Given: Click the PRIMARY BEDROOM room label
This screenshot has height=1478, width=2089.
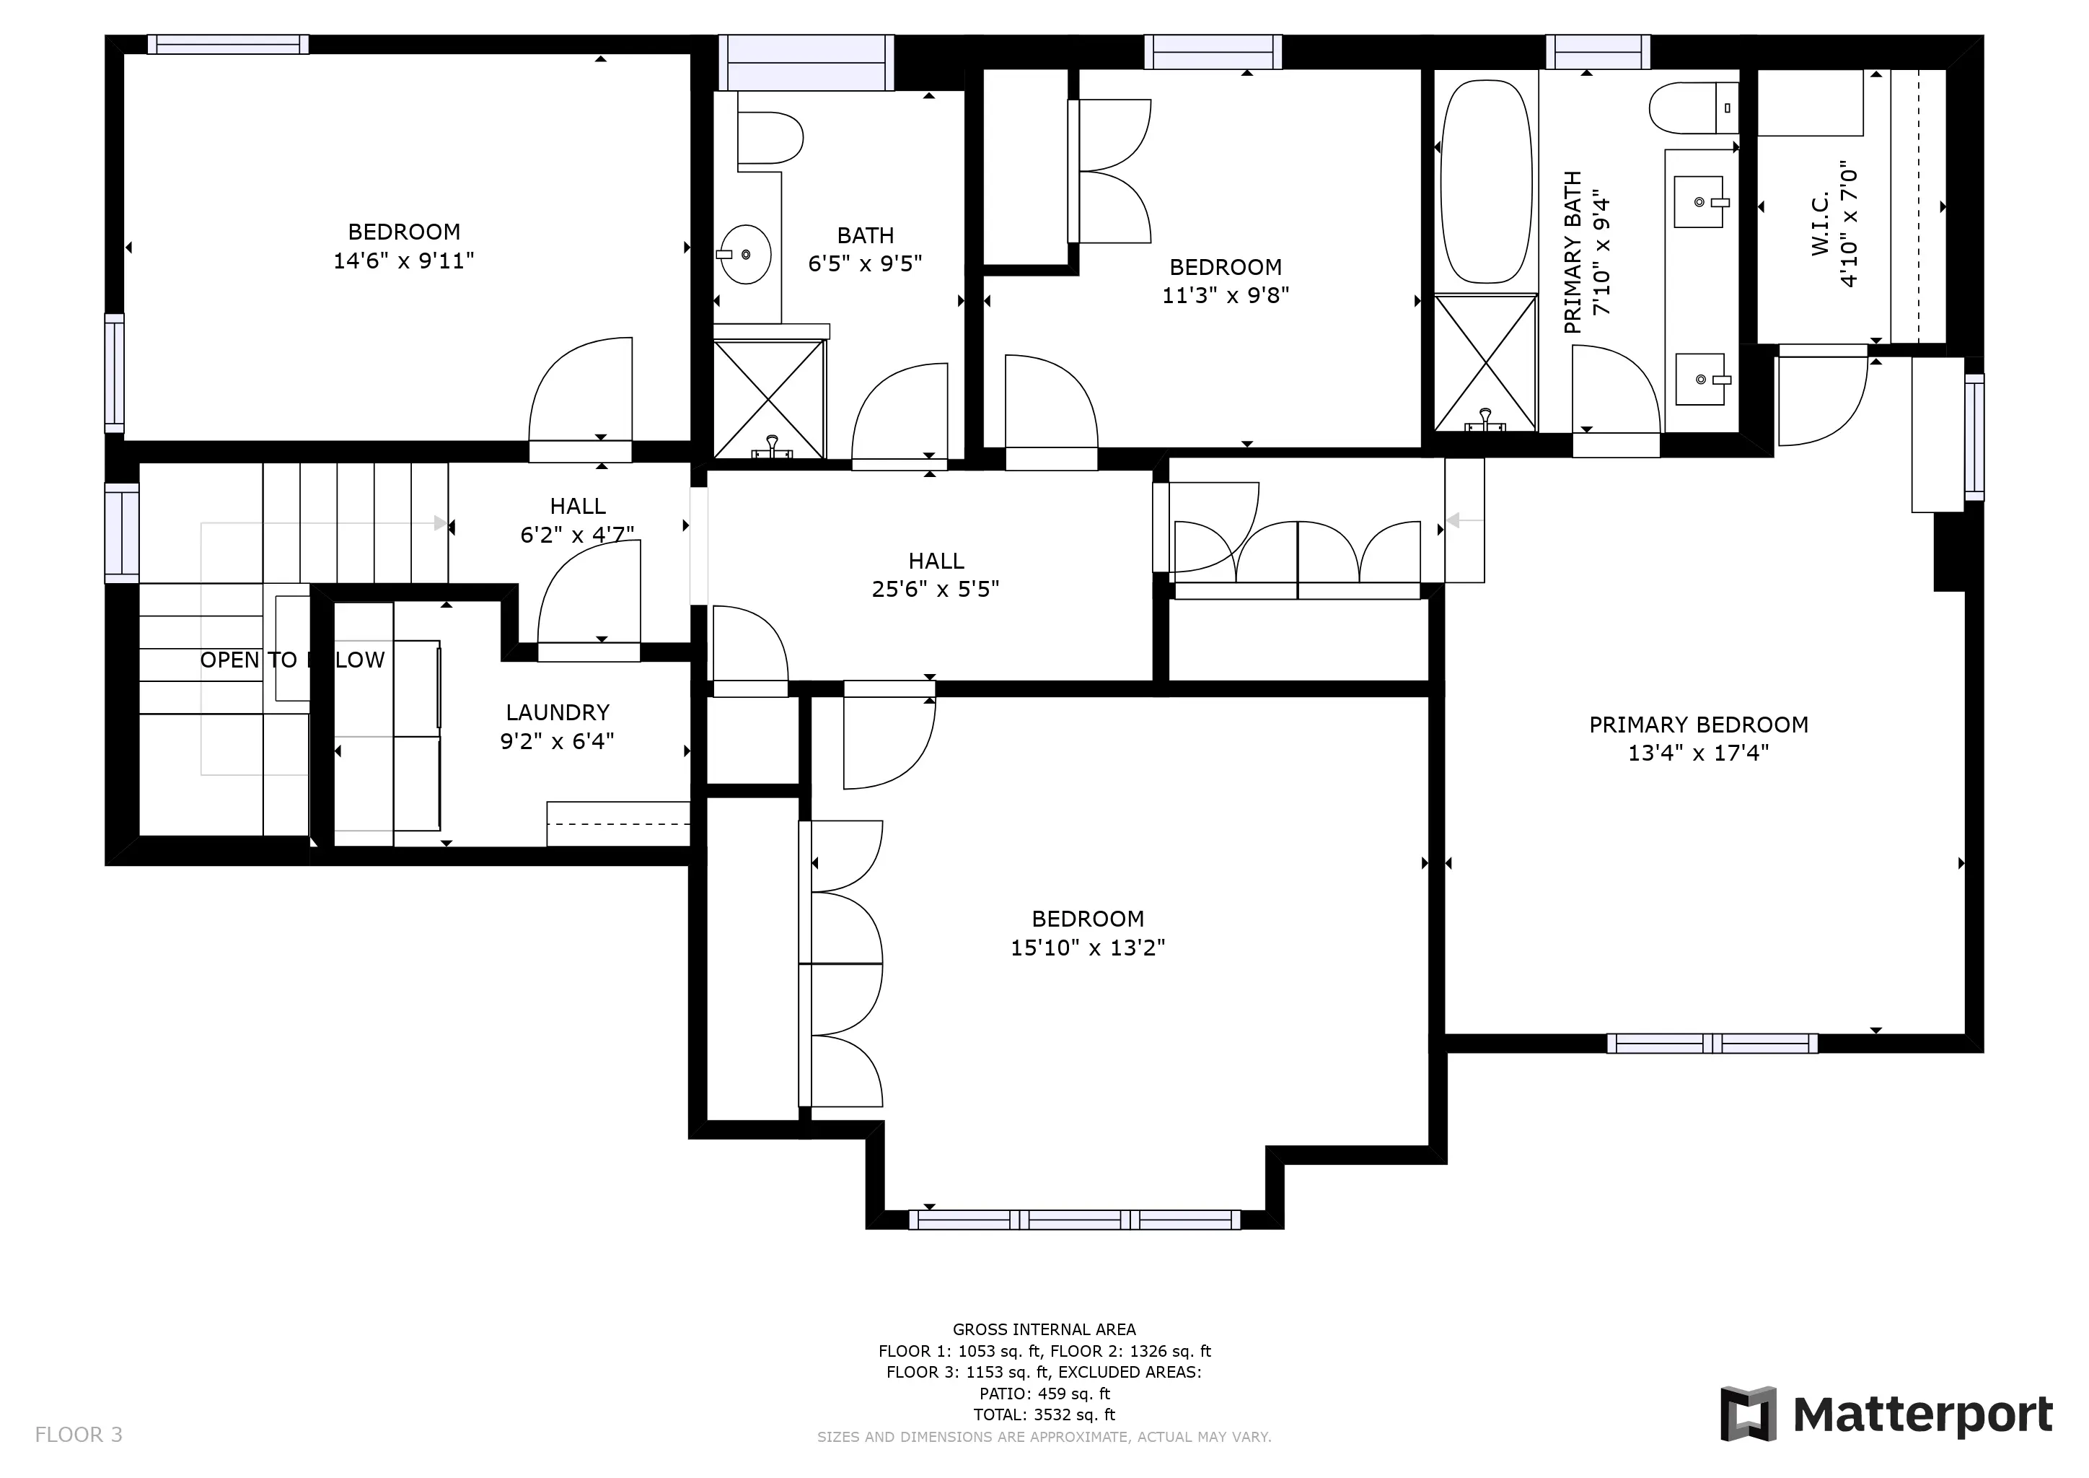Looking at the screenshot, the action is [1698, 725].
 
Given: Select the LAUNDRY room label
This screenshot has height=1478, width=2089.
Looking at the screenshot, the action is [557, 712].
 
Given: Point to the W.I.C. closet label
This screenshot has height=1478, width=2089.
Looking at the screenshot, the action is [1820, 224].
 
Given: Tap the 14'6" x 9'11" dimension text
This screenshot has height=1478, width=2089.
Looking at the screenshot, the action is [403, 261].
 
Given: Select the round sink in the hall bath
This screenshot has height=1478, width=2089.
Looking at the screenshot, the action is [745, 255].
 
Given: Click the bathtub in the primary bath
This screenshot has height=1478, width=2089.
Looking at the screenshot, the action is [1486, 182].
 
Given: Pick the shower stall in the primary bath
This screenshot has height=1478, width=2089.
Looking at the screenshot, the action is [1486, 362].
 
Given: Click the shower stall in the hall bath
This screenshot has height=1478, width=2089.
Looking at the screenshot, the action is [769, 398].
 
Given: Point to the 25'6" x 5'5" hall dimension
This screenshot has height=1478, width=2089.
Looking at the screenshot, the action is [936, 589].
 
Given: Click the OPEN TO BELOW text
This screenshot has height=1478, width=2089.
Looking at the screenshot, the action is [292, 660].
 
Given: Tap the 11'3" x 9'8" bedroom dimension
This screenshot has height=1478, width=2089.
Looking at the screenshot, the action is [1226, 295].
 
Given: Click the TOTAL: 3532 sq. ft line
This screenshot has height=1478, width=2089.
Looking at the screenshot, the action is [1044, 1414].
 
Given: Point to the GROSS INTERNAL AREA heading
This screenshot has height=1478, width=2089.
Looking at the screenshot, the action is [1044, 1329].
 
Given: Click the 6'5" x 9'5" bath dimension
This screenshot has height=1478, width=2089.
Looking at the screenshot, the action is [866, 263].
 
